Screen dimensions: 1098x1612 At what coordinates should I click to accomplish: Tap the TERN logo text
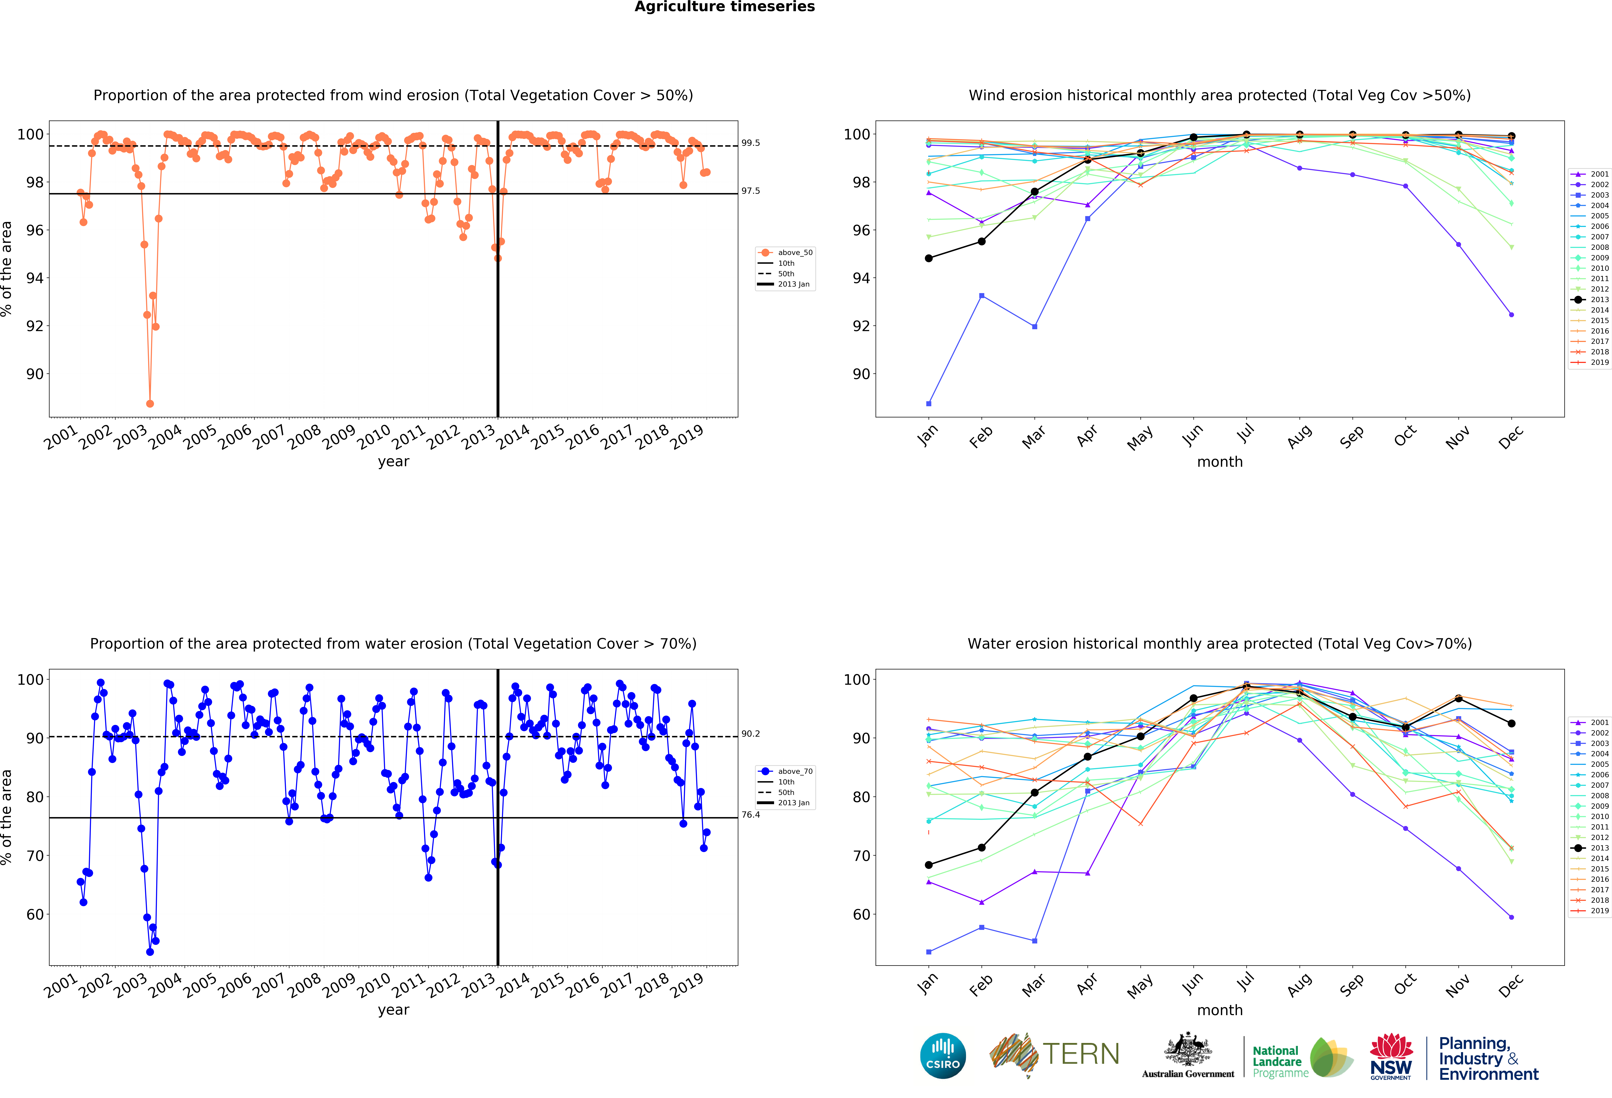[x=1081, y=1054]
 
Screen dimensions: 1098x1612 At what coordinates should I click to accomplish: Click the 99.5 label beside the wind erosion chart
[x=751, y=143]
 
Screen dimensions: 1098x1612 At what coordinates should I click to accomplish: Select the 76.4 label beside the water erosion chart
[x=751, y=815]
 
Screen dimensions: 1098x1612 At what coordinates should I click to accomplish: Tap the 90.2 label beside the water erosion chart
[x=751, y=733]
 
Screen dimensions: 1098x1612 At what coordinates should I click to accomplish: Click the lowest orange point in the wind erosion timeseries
[x=150, y=403]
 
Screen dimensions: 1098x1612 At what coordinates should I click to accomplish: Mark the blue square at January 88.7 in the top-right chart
[x=929, y=403]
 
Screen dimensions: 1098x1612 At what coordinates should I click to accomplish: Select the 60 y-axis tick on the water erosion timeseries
[x=35, y=914]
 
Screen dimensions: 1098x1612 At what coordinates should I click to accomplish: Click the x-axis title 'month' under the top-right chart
[x=1219, y=462]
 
